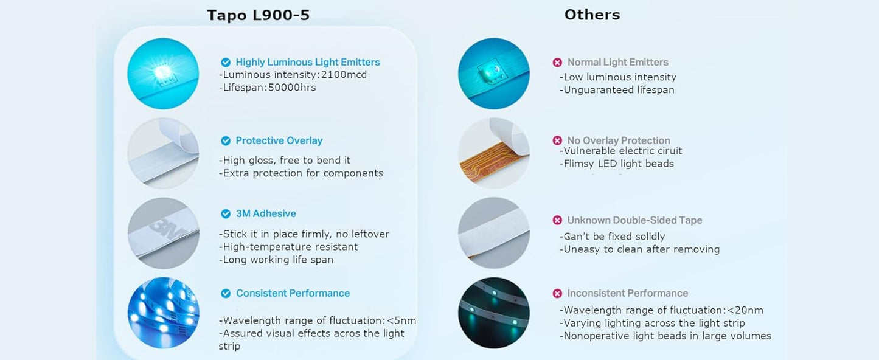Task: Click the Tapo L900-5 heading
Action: point(258,15)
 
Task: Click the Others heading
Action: point(592,15)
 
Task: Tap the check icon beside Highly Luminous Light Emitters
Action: point(226,63)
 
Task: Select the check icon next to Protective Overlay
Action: point(226,141)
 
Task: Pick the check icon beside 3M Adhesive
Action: point(226,213)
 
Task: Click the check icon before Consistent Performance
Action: point(226,293)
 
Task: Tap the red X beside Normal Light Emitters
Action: point(557,63)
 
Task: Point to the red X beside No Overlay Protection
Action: point(557,140)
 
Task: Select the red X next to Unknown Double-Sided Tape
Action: point(557,220)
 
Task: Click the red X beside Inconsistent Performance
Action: point(557,293)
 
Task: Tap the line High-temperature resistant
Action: point(288,247)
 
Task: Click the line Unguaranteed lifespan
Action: point(617,90)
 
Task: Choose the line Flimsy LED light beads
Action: point(616,164)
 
